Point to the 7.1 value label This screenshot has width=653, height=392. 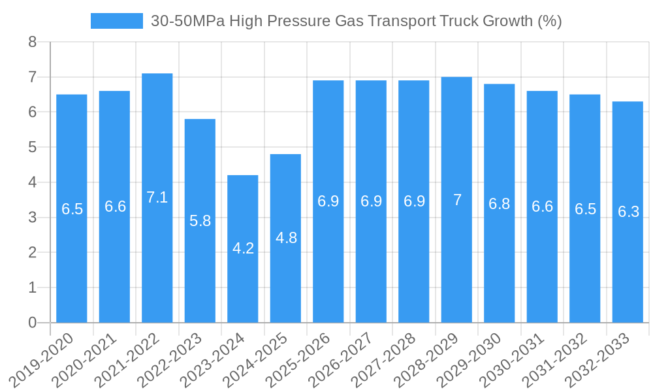click(x=157, y=197)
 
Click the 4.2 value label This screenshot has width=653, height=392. click(x=243, y=248)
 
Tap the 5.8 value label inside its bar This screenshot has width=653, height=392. click(x=200, y=221)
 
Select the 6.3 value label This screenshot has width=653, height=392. click(x=628, y=212)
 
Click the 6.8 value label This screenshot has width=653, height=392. click(x=500, y=203)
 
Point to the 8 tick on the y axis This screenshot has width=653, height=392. click(x=33, y=42)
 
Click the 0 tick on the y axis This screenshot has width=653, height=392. click(x=33, y=323)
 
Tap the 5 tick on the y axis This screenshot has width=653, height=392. click(x=33, y=148)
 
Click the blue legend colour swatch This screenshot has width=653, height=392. click(x=117, y=21)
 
